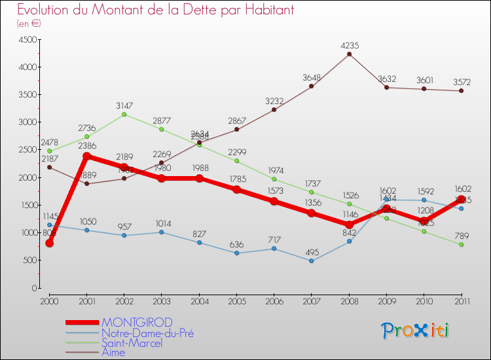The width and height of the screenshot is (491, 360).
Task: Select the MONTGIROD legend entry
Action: click(x=137, y=322)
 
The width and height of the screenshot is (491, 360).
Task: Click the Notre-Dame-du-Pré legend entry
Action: click(x=147, y=333)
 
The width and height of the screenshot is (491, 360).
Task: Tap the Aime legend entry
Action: click(x=114, y=352)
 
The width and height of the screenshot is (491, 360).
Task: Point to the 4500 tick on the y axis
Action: click(x=27, y=40)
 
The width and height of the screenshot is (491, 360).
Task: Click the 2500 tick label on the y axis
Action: click(x=27, y=150)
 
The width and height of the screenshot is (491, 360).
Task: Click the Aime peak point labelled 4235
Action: click(x=349, y=54)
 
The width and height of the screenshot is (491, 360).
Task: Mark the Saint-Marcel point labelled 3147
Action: click(x=124, y=115)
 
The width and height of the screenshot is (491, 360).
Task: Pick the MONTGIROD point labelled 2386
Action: click(x=87, y=156)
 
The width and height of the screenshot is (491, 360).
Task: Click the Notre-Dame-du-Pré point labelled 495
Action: click(x=312, y=261)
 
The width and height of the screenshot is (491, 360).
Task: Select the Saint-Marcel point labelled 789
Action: click(x=462, y=244)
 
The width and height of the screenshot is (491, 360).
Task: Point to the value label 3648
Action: click(x=312, y=78)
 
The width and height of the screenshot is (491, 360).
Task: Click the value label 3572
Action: click(x=462, y=82)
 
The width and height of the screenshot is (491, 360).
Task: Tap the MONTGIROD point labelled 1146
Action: click(x=349, y=225)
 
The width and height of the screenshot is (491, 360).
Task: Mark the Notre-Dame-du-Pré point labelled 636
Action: click(x=237, y=253)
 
